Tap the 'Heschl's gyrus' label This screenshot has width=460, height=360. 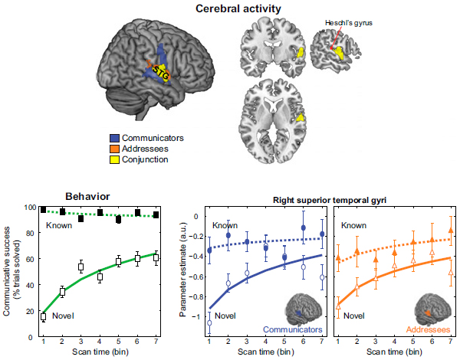351,24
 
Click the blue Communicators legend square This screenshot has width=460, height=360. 114,139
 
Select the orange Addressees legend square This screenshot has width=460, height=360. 114,149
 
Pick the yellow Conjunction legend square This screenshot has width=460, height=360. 114,159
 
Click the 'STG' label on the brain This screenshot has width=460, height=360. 160,71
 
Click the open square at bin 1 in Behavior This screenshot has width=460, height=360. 43,316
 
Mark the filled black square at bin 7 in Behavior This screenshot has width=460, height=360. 156,215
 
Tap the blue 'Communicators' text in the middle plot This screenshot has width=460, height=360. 291,329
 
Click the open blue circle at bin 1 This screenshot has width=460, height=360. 209,322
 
